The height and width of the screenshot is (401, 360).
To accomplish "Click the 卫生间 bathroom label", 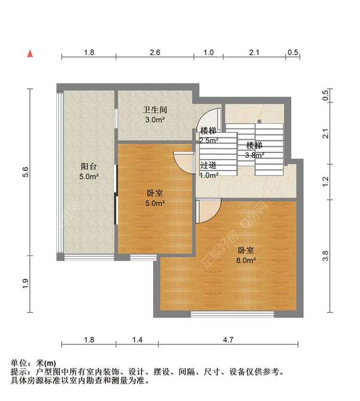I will (x=154, y=110).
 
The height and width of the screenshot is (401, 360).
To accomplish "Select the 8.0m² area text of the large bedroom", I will (x=247, y=260).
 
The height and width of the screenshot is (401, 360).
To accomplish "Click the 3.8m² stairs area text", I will (x=254, y=155).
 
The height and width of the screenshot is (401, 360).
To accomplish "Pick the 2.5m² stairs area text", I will (x=208, y=140).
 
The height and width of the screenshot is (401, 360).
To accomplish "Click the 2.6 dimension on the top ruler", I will (x=154, y=53).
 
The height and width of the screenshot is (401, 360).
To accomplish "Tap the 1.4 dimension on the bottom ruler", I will (x=137, y=340).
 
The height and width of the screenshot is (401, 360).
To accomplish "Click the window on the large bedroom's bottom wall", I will (x=232, y=313).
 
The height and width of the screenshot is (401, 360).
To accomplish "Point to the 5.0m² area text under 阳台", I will (x=89, y=177).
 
